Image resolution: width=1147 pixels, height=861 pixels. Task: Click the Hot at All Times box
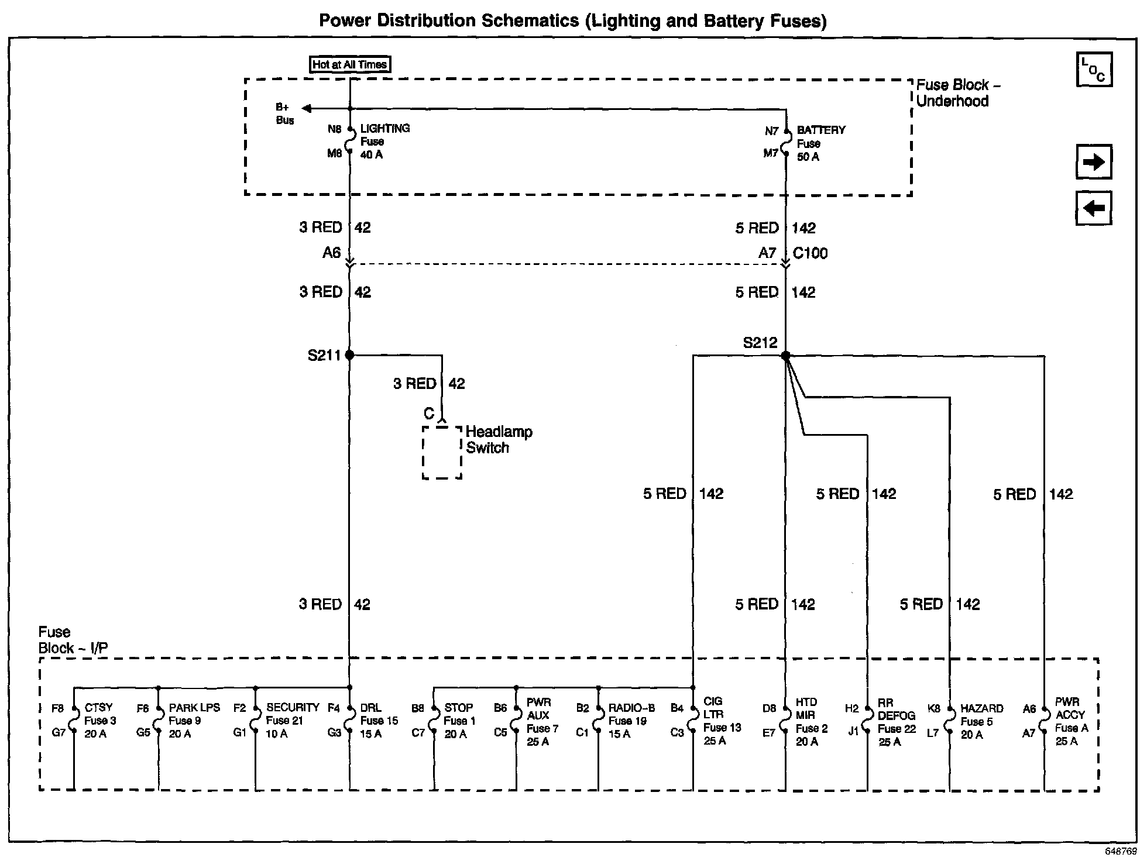(x=349, y=64)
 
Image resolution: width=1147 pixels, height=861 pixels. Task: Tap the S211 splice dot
(x=349, y=355)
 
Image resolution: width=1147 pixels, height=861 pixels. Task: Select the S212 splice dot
(x=785, y=356)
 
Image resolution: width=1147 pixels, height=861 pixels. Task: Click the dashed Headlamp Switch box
(x=442, y=452)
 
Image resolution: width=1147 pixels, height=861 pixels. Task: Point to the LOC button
(x=1094, y=70)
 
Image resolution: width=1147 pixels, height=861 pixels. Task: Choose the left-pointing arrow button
(x=1094, y=208)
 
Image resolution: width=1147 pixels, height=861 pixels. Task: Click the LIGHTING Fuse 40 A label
(x=384, y=142)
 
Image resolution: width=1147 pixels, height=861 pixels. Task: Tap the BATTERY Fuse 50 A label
(x=820, y=143)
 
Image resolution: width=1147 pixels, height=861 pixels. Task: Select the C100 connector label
(x=810, y=253)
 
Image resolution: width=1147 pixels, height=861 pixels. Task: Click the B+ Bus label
(x=284, y=114)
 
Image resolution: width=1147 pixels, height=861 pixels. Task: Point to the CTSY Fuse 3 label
(x=99, y=721)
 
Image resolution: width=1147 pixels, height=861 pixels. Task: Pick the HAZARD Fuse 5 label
(x=981, y=721)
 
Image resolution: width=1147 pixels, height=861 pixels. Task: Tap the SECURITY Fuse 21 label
(x=292, y=721)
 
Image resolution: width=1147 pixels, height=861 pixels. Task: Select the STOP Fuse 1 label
(x=459, y=721)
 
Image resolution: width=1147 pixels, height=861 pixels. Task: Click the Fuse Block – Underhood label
(x=957, y=93)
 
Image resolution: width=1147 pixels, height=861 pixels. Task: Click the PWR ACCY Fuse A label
(x=1070, y=721)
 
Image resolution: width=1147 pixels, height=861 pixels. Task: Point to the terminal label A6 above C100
(x=331, y=253)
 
